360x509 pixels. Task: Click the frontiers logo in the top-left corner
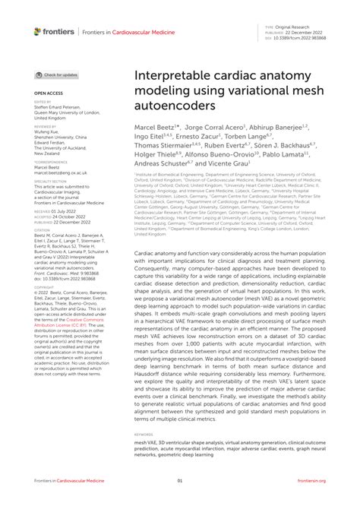pyautogui.click(x=54, y=31)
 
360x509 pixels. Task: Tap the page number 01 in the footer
pyautogui.click(x=180, y=480)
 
